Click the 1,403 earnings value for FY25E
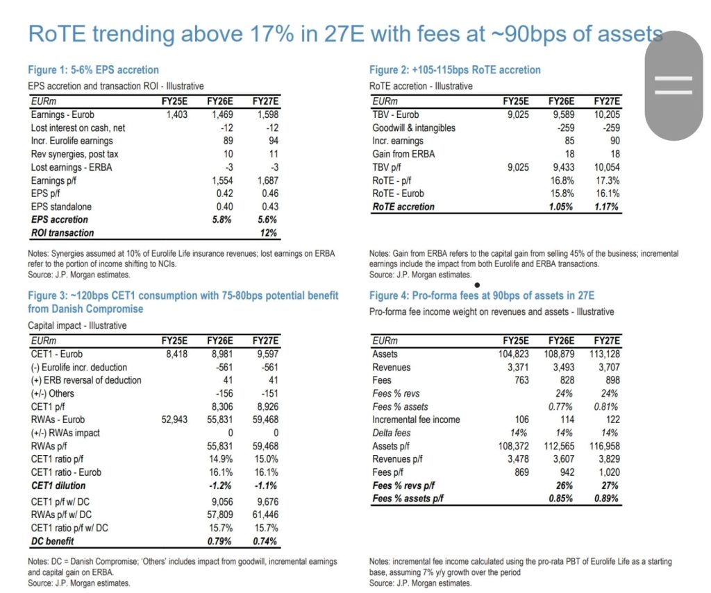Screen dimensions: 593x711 pyautogui.click(x=176, y=115)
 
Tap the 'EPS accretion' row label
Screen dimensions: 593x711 pyautogui.click(x=60, y=220)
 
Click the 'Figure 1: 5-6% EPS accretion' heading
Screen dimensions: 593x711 pyautogui.click(x=94, y=70)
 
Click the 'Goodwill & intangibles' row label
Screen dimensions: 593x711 pyautogui.click(x=414, y=128)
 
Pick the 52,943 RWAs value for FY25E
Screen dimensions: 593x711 pyautogui.click(x=173, y=420)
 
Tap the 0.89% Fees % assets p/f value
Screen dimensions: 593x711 pyautogui.click(x=606, y=499)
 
